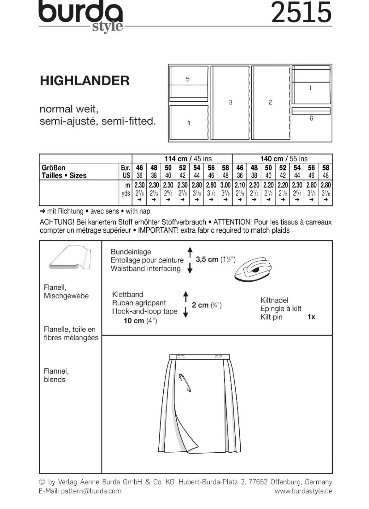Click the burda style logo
[81, 16]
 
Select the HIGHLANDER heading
[85, 81]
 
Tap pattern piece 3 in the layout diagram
[230, 103]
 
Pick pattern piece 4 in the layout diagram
[189, 122]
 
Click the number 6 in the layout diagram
[311, 118]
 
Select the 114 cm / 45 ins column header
[188, 159]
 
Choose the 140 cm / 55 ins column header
[284, 159]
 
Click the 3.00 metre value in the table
[225, 185]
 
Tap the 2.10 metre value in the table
[240, 185]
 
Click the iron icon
[253, 269]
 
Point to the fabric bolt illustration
[70, 257]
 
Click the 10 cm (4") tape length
[140, 321]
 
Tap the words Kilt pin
[271, 317]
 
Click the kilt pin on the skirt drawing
[185, 383]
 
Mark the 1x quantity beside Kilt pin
[311, 317]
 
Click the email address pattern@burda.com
[91, 491]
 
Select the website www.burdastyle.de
[303, 491]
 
